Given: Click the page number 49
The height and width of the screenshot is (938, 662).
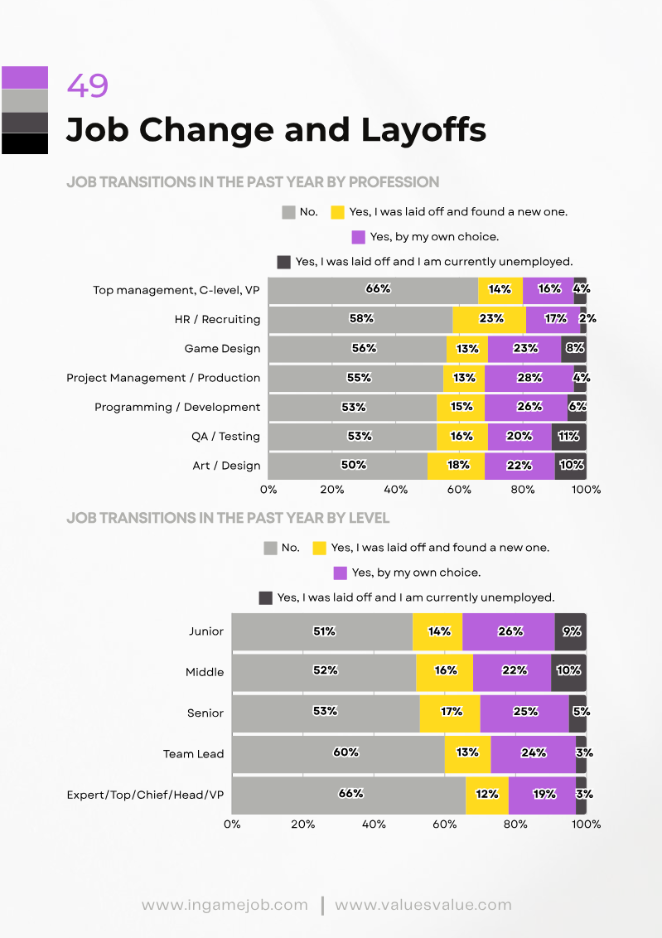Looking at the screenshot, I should (x=87, y=86).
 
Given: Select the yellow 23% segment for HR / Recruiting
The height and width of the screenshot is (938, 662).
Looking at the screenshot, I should (x=489, y=319).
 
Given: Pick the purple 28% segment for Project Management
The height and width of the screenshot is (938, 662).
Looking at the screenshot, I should (x=529, y=378).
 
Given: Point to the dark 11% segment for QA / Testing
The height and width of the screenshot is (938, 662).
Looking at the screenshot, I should (x=569, y=437).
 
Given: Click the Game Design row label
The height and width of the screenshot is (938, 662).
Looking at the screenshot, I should (x=222, y=349).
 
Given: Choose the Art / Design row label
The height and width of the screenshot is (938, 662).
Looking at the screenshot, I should (x=226, y=466).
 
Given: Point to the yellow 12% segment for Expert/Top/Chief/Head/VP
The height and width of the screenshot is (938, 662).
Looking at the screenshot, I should (x=486, y=794).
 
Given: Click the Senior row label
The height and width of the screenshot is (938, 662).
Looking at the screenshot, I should (x=205, y=713).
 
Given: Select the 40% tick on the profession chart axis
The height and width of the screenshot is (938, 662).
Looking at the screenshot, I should (x=396, y=490).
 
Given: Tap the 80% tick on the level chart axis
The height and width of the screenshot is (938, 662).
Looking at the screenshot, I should (x=515, y=824).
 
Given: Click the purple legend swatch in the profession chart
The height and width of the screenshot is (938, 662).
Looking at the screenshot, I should (x=358, y=237).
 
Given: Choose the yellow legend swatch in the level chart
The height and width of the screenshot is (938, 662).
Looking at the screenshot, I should (x=319, y=548).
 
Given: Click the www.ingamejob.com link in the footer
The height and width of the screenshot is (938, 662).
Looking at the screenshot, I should (x=225, y=905).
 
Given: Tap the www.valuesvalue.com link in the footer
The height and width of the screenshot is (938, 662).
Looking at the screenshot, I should (x=423, y=905).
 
